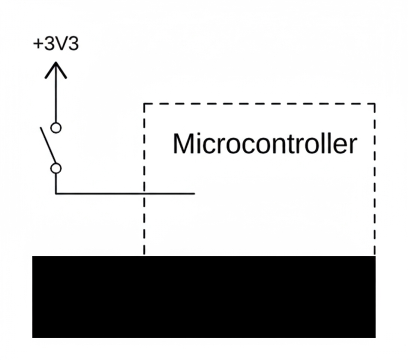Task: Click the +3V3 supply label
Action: point(56,44)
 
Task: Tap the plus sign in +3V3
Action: point(37,45)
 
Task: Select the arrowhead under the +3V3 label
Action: point(56,69)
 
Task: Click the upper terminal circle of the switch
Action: point(56,128)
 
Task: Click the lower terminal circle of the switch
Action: point(56,168)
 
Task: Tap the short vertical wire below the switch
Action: point(56,184)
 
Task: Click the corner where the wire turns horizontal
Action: point(56,193)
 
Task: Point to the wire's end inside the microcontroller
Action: point(194,193)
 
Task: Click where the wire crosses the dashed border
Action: point(144,193)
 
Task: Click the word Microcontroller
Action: point(264,144)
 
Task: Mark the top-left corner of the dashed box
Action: point(144,103)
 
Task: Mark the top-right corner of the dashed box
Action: point(375,103)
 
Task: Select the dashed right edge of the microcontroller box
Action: point(375,180)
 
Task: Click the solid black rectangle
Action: point(204,297)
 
